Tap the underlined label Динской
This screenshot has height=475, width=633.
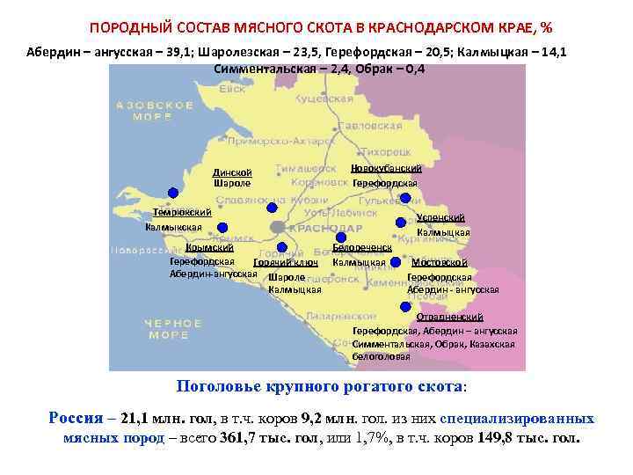232,172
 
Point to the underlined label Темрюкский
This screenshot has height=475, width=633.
182,213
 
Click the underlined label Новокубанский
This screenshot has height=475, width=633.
386,168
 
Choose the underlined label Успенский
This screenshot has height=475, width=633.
441,218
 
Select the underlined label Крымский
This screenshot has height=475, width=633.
209,248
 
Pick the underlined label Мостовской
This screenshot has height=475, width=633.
440,262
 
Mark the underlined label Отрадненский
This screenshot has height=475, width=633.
449,316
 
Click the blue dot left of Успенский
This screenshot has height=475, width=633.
401,223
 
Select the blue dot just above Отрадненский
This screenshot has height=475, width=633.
404,306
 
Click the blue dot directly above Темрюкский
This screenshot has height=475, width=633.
173,193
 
